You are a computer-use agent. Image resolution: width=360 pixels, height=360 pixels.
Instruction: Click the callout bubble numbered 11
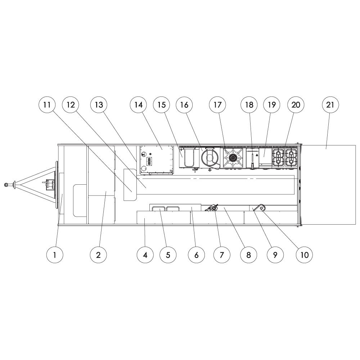tap(47, 105)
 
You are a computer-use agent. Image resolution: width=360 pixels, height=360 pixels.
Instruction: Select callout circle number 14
tap(139, 105)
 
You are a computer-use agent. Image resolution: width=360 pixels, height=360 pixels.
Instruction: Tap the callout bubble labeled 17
tap(217, 105)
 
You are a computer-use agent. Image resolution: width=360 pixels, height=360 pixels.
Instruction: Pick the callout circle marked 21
tap(330, 105)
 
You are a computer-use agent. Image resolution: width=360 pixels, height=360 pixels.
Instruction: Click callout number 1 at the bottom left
tap(55, 255)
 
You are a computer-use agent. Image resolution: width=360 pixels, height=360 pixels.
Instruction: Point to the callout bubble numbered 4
tap(145, 255)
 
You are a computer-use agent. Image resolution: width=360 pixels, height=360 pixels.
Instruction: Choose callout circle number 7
tap(221, 255)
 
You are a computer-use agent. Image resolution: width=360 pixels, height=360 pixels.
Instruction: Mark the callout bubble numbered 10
tap(304, 255)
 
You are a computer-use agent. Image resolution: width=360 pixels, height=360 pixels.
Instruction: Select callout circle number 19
tap(272, 105)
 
